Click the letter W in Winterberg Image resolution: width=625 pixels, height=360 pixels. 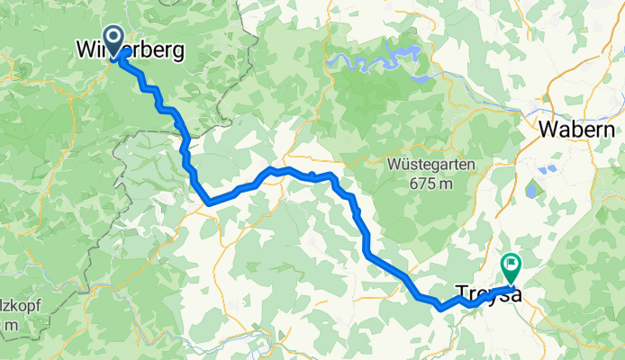pyautogui.click(x=85, y=51)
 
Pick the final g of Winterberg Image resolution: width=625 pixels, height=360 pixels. pyautogui.click(x=179, y=54)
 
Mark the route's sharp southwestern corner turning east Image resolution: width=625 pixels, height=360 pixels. pyautogui.click(x=209, y=202)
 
